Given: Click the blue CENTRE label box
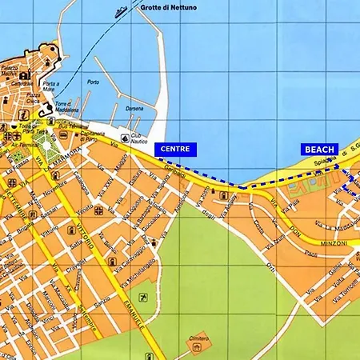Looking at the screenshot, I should point(175,149).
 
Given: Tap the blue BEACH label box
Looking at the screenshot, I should point(319,149).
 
